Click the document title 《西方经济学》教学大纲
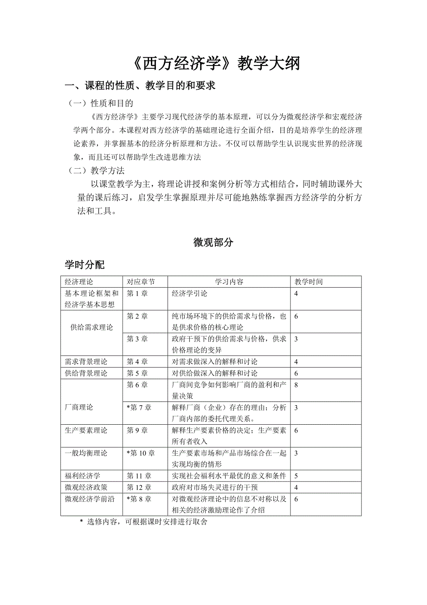pyautogui.click(x=213, y=63)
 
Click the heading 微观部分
pyautogui.click(x=213, y=242)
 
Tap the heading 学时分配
pyautogui.click(x=84, y=265)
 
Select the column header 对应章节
pyautogui.click(x=141, y=282)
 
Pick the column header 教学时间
pyautogui.click(x=309, y=282)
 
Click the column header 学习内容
pyautogui.click(x=229, y=282)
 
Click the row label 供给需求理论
pyautogui.click(x=91, y=327)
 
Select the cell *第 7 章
pyautogui.click(x=139, y=408)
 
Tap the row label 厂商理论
pyautogui.click(x=79, y=407)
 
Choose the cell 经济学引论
pyautogui.click(x=189, y=294)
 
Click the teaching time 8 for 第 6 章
pyautogui.click(x=296, y=385)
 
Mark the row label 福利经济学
pyautogui.click(x=83, y=476)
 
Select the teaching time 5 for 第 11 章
pyautogui.click(x=296, y=476)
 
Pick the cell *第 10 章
pyautogui.click(x=141, y=453)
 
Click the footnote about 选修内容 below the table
pyautogui.click(x=144, y=522)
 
